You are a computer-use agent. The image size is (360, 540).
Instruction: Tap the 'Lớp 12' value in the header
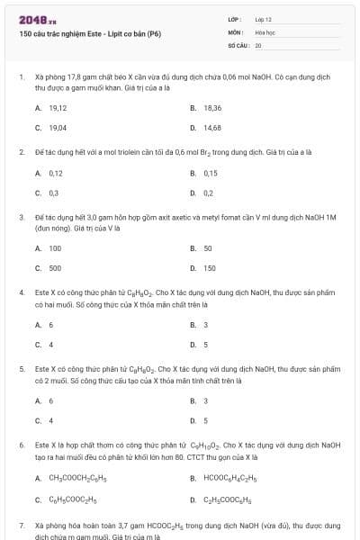[263, 18]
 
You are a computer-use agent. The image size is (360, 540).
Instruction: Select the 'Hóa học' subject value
[265, 31]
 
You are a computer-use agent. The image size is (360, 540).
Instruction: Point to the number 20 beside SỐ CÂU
[258, 44]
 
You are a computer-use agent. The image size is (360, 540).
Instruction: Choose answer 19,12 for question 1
[58, 107]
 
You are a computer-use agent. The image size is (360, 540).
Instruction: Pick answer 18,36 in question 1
[212, 107]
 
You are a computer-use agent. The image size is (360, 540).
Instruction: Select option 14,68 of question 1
[212, 128]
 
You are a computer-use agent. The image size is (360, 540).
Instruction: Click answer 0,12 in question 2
[56, 173]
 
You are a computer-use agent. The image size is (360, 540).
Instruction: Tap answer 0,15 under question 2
[211, 173]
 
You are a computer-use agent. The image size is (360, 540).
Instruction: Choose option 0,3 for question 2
[54, 193]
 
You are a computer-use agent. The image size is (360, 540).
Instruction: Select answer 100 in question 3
[55, 247]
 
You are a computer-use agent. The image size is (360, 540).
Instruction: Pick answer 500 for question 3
[55, 268]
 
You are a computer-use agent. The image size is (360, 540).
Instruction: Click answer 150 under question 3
[210, 268]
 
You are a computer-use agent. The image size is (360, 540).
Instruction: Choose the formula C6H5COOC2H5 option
[73, 499]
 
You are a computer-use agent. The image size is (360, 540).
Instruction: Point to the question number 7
[21, 525]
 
